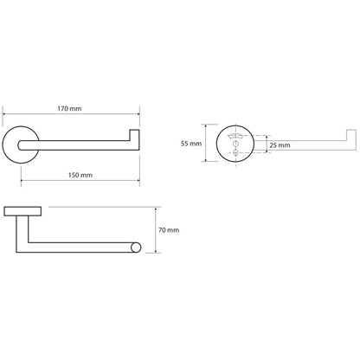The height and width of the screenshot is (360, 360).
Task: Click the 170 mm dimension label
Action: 69,109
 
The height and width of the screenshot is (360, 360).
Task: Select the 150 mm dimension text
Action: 80,175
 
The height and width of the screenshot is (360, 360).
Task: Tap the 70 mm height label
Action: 169,230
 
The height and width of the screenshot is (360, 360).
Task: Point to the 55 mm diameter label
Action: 191,144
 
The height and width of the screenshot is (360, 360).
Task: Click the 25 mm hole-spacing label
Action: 280,145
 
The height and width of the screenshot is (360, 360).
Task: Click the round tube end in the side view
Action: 136,247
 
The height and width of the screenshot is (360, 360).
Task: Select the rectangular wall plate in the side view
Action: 22,211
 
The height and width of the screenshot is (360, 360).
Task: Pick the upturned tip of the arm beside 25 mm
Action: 351,135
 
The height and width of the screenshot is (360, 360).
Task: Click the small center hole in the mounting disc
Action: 235,144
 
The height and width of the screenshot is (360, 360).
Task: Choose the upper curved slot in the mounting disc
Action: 236,136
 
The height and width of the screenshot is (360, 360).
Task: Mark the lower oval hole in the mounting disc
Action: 235,152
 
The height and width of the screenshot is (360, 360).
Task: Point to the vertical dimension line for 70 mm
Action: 156,230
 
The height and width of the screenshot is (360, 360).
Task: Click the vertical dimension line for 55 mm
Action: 206,143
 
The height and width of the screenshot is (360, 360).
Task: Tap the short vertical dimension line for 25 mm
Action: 266,144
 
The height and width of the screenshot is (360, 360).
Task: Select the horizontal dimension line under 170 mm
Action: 71,114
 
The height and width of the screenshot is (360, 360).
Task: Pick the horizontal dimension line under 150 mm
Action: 80,181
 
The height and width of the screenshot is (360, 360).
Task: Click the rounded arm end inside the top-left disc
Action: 20,145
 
